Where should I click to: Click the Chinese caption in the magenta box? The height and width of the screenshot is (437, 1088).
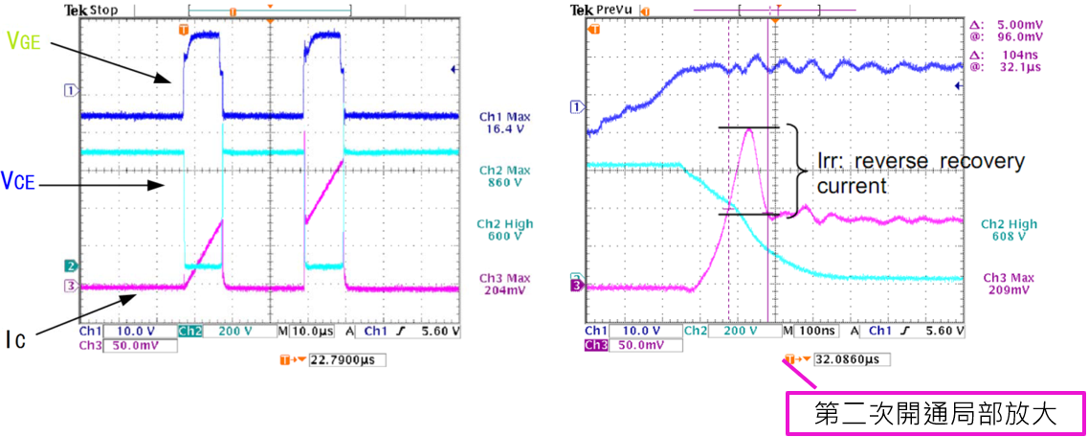(934, 414)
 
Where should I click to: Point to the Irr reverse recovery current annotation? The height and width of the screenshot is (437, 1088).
(919, 172)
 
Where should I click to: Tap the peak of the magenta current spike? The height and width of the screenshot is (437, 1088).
(748, 129)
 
